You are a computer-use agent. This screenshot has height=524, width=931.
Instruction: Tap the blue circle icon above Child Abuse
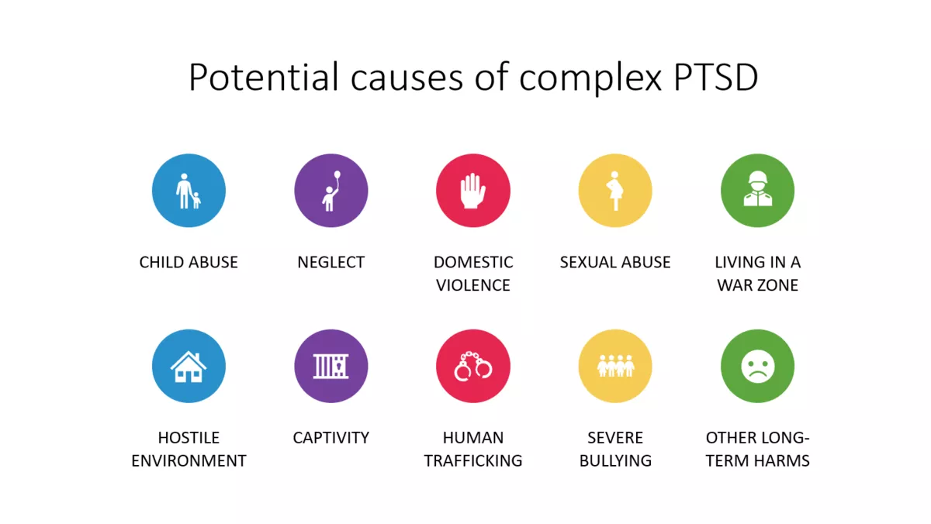[189, 191]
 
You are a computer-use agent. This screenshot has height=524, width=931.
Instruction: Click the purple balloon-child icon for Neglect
[331, 191]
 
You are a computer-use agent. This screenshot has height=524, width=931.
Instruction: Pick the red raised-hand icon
[473, 191]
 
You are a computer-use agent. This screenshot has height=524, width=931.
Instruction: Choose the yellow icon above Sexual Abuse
[615, 191]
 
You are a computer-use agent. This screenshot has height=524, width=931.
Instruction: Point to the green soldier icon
[757, 191]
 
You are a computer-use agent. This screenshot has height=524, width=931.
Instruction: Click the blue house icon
[189, 366]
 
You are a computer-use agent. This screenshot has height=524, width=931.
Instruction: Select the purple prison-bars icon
[331, 366]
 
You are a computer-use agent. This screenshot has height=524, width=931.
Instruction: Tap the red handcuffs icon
[473, 366]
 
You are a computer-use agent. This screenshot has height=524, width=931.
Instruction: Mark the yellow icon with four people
[615, 366]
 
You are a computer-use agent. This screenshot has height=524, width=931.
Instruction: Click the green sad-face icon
[757, 366]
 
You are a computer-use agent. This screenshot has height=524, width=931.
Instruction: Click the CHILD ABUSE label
[189, 262]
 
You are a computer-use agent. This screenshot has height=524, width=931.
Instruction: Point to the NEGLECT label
[331, 262]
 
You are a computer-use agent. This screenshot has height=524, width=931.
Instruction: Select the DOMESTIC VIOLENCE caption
[473, 274]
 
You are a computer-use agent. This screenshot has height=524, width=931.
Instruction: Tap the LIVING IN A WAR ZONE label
[757, 274]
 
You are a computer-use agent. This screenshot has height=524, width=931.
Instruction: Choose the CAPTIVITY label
[331, 437]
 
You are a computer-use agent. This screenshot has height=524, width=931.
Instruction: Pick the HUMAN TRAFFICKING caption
[473, 449]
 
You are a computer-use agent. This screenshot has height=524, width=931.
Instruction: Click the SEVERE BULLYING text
[615, 449]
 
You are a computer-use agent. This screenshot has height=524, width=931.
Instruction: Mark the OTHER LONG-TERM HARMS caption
[757, 449]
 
